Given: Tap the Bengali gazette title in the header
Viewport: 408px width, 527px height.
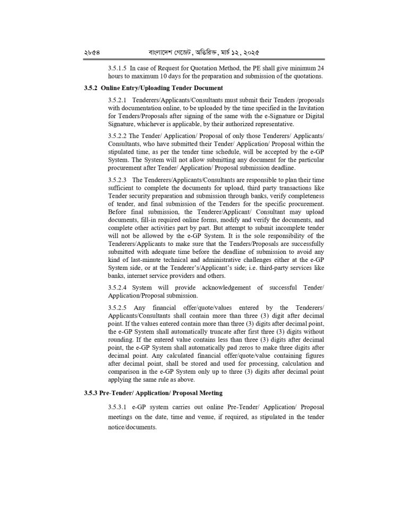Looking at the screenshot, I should (205, 54).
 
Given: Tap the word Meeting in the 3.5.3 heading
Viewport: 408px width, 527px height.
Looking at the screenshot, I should (207, 393).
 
